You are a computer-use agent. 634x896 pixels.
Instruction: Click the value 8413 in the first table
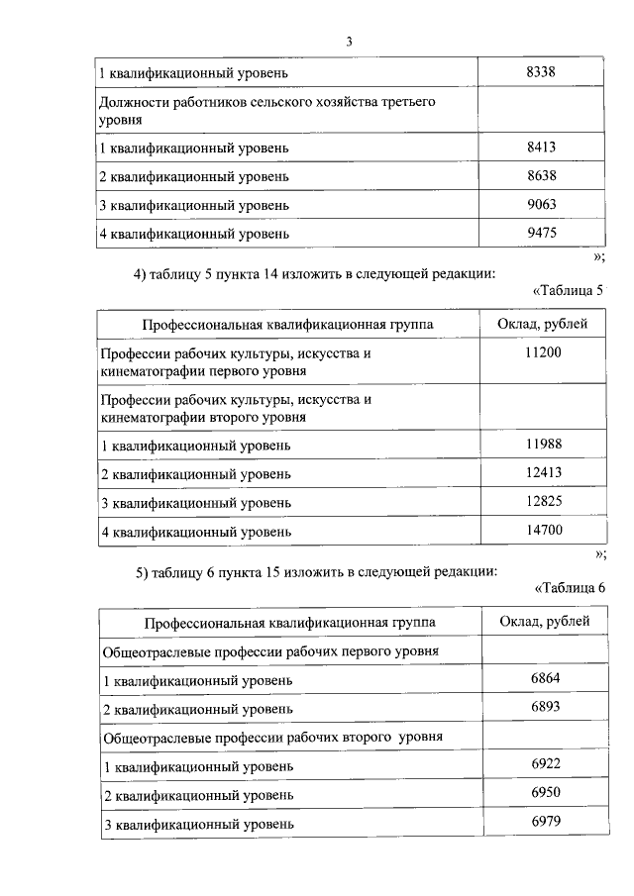[544, 147]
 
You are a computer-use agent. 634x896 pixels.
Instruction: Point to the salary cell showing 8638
[544, 175]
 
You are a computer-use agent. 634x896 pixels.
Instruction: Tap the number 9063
[544, 204]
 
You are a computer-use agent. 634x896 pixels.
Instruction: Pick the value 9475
[544, 233]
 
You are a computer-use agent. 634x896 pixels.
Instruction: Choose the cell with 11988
[544, 445]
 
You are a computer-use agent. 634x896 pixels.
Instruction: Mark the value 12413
[544, 472]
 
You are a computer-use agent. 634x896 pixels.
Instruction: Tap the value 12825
[544, 501]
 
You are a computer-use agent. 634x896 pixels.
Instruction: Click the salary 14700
[544, 531]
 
